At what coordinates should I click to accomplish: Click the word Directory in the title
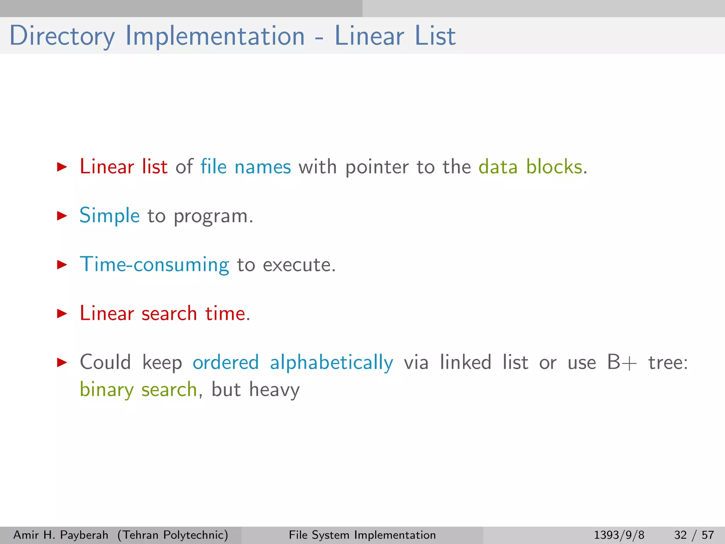[x=62, y=36]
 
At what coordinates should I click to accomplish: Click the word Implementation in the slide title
[x=215, y=36]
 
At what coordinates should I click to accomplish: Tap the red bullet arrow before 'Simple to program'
[x=62, y=216]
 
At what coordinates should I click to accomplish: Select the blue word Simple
[x=109, y=216]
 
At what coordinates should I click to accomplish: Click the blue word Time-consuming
[x=154, y=265]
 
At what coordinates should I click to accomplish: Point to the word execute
[x=299, y=265]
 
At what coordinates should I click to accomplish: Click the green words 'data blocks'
[x=530, y=166]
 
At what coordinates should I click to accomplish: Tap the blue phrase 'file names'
[x=246, y=166]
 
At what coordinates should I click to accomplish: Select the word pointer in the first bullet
[x=377, y=167]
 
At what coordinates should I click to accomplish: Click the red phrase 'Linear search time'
[x=163, y=313]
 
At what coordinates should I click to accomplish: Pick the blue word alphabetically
[x=331, y=363]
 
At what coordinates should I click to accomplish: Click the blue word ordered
[x=226, y=363]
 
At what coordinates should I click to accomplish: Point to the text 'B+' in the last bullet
[x=622, y=363]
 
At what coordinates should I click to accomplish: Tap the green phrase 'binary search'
[x=138, y=390]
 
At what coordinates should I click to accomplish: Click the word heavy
[x=274, y=390]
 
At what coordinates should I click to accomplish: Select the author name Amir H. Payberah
[x=61, y=535]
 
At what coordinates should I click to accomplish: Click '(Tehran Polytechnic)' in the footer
[x=173, y=535]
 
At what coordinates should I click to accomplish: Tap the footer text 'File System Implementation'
[x=362, y=535]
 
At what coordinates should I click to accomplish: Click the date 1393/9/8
[x=619, y=535]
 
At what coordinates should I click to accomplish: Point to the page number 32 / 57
[x=694, y=535]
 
